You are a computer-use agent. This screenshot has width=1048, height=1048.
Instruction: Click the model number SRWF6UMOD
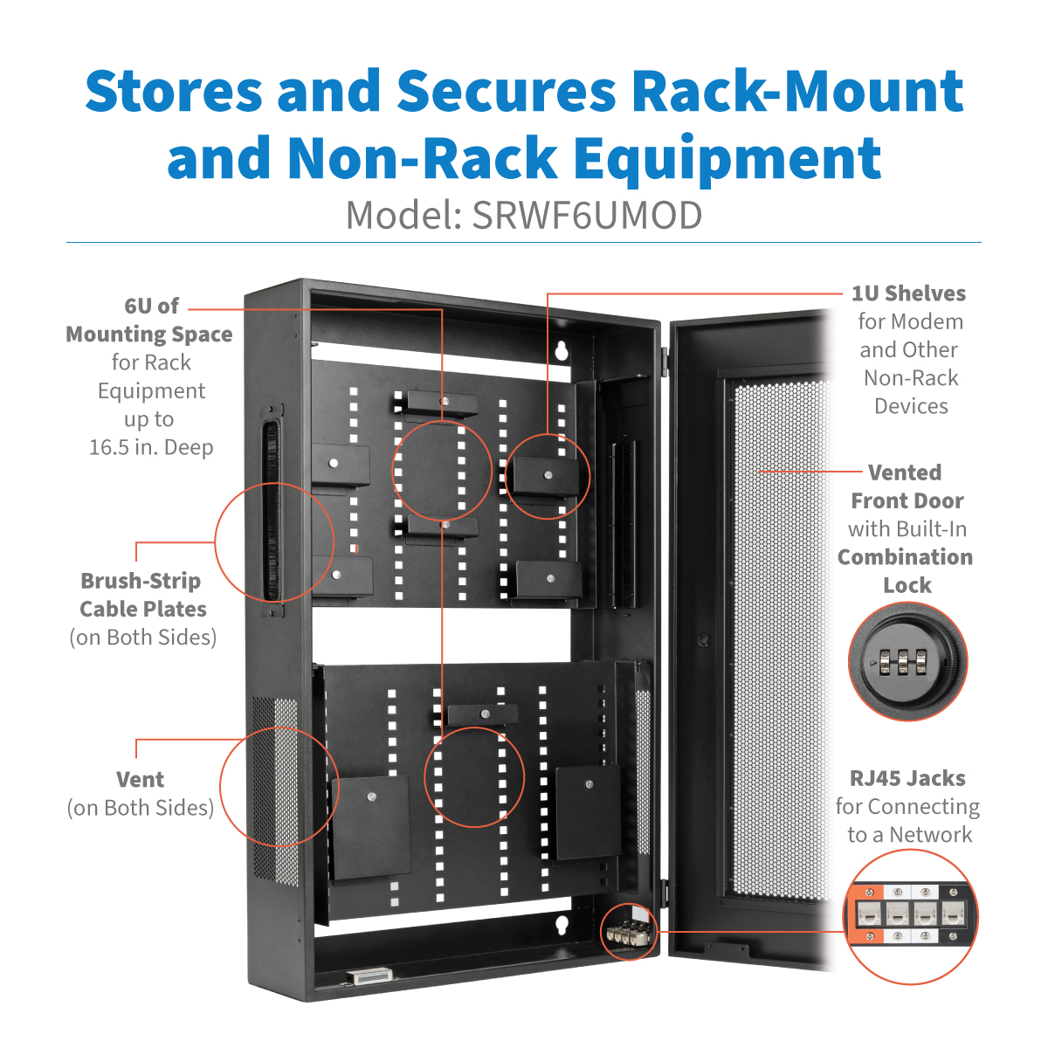pyautogui.click(x=587, y=216)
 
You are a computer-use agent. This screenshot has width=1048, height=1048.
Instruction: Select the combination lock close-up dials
pyautogui.click(x=899, y=661)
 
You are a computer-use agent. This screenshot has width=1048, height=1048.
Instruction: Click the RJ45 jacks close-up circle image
pyautogui.click(x=911, y=916)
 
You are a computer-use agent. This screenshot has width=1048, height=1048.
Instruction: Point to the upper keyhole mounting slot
pyautogui.click(x=562, y=351)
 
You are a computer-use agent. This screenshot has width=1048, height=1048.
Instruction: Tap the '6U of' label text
pyautogui.click(x=151, y=306)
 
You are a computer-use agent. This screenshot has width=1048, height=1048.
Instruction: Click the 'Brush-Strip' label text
pyautogui.click(x=141, y=581)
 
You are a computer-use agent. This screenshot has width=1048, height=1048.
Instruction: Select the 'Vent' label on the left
pyautogui.click(x=140, y=780)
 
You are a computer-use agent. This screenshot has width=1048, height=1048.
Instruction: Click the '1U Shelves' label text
pyautogui.click(x=908, y=293)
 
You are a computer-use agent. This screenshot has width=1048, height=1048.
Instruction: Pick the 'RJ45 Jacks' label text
pyautogui.click(x=907, y=778)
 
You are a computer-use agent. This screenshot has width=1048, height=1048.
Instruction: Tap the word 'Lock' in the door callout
pyautogui.click(x=907, y=585)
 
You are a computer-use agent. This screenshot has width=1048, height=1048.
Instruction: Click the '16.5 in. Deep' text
pyautogui.click(x=151, y=447)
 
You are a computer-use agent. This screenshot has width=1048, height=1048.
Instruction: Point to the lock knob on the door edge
pyautogui.click(x=703, y=640)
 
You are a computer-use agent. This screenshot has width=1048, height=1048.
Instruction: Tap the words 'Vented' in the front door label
pyautogui.click(x=905, y=472)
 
